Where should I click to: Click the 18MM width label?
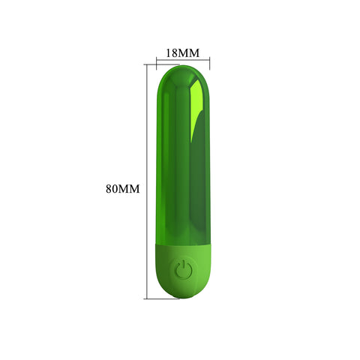182,53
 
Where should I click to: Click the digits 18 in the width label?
171,53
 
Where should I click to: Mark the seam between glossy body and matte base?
182,244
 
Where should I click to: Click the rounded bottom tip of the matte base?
182,297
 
